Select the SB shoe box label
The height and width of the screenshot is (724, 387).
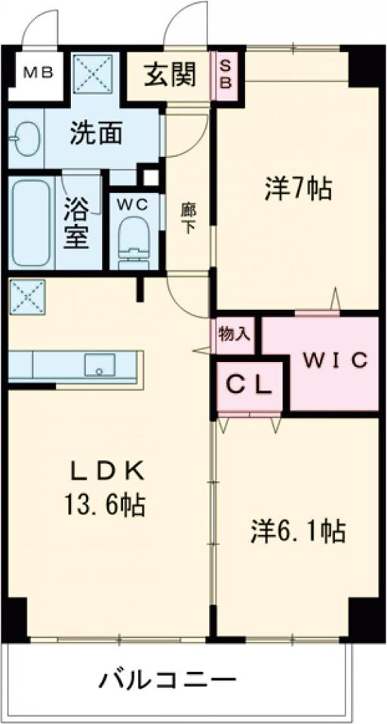226,72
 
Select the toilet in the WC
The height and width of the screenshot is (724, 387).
136,241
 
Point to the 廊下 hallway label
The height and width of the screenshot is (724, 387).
186,217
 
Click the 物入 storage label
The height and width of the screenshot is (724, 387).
234,333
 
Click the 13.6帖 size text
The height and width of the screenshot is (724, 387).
106,504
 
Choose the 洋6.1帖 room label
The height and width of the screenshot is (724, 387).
299,532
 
